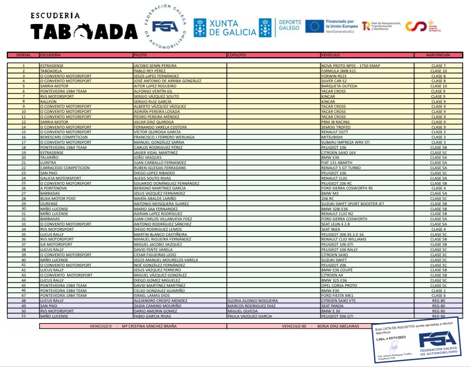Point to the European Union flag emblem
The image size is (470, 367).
[315, 26]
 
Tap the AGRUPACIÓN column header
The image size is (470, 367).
[438, 55]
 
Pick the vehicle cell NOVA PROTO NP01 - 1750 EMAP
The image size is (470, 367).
[350, 65]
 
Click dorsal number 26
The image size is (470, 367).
[24, 188]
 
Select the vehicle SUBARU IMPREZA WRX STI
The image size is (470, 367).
[345, 142]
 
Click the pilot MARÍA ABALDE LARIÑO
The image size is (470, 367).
[155, 199]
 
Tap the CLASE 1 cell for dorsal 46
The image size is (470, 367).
[438, 290]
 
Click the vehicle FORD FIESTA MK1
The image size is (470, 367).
[337, 296]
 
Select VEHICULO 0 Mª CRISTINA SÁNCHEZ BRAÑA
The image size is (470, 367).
[133, 326]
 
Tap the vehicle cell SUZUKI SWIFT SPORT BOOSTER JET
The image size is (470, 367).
[353, 203]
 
